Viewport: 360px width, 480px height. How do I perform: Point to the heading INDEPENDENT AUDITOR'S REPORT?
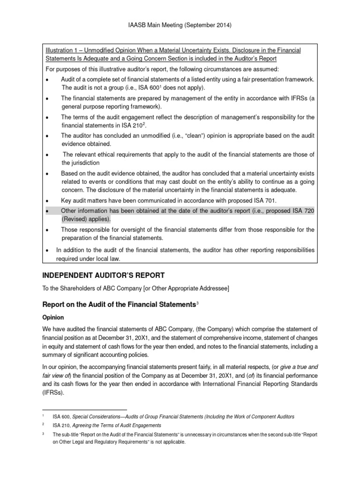[104, 275]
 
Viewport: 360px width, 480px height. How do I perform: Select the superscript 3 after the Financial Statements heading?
[198, 304]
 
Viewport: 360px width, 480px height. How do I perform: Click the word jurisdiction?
[81, 163]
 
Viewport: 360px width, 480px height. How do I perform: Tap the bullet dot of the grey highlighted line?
[47, 212]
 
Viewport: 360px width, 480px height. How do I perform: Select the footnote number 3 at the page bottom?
[43, 434]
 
